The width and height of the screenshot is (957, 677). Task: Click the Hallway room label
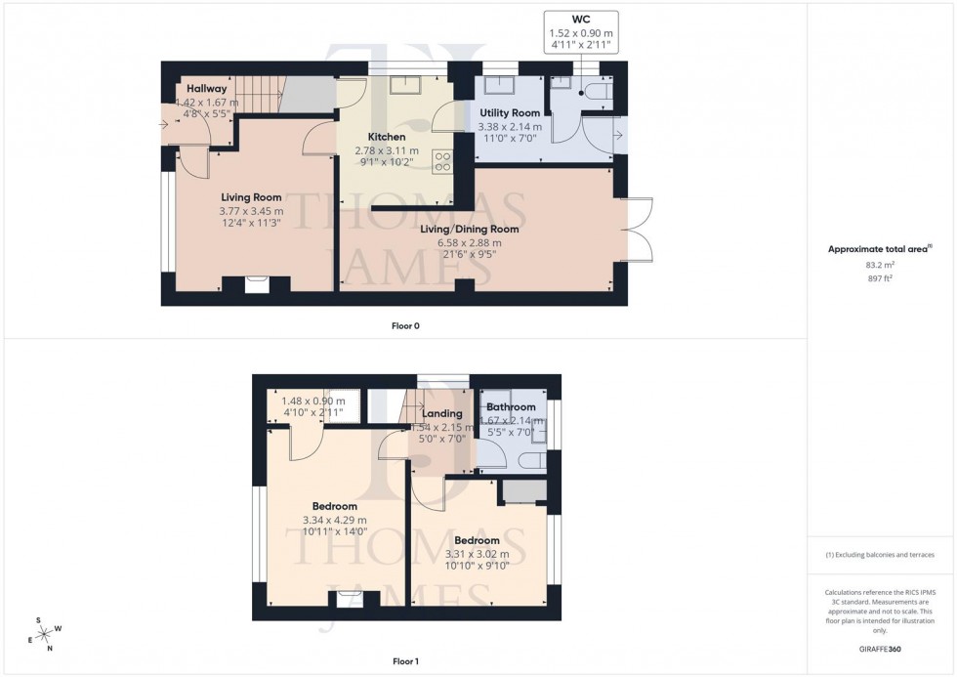pos(206,89)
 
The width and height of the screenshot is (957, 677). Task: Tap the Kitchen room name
pos(386,137)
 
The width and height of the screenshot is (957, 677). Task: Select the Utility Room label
pos(510,113)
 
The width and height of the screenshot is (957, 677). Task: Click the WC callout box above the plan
pos(580,32)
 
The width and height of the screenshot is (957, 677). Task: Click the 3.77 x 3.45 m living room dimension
pos(251,211)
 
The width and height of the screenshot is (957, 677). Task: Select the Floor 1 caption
pos(405,661)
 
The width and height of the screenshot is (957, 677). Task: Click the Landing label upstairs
pos(441,413)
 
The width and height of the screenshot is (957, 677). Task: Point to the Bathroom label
pos(511,406)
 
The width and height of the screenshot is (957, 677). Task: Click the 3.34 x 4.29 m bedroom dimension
pos(329,520)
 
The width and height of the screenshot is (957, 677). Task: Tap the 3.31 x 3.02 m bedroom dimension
pos(477,554)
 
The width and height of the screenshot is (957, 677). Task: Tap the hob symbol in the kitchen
pos(440,161)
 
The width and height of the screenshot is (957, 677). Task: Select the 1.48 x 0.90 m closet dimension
pos(312,401)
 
